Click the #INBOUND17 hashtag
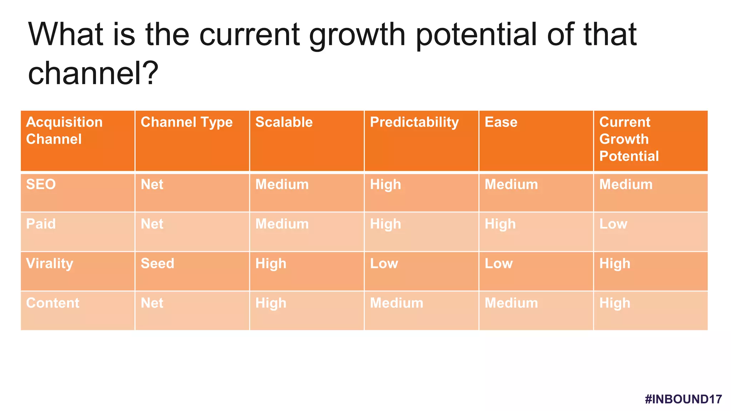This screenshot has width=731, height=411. (x=683, y=399)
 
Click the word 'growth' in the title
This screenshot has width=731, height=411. (x=357, y=35)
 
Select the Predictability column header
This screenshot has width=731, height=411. (x=414, y=122)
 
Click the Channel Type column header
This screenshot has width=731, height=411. (x=186, y=122)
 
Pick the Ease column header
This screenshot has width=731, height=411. (x=501, y=122)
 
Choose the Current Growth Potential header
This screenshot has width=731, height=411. (x=629, y=139)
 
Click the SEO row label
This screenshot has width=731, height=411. (x=41, y=184)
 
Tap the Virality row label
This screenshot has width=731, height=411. (x=50, y=264)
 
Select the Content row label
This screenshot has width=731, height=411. (x=52, y=303)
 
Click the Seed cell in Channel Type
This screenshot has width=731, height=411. (x=157, y=264)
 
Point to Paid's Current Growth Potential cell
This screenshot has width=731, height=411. (x=613, y=224)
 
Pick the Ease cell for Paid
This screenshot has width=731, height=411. (x=500, y=224)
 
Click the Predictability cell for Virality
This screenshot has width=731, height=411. (x=384, y=264)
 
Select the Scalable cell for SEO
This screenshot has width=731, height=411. (x=282, y=184)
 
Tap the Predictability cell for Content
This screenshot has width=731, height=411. (x=396, y=303)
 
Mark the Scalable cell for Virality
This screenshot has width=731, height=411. (x=271, y=264)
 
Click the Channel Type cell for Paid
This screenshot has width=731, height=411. (x=152, y=224)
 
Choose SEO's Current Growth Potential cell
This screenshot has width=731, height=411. (x=625, y=184)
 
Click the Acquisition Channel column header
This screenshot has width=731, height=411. (x=64, y=131)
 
